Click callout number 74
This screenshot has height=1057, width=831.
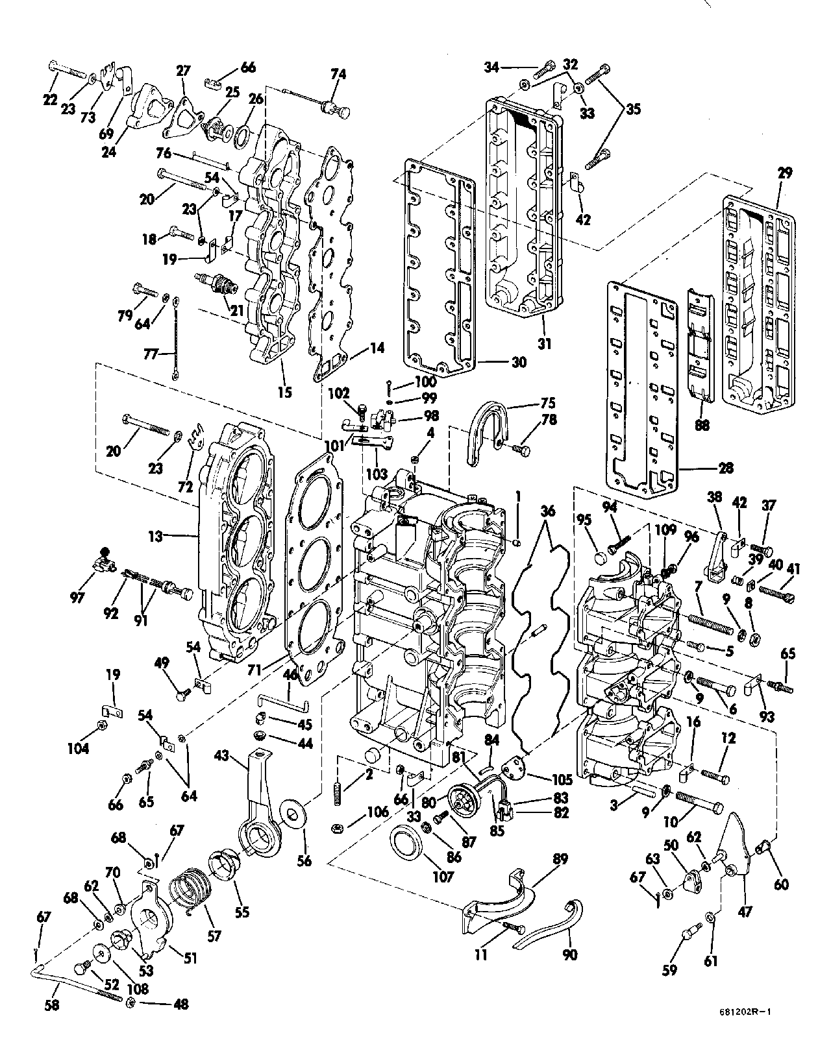coord(338,75)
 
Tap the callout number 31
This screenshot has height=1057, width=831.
coord(544,344)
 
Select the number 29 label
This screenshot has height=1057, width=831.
coord(785,173)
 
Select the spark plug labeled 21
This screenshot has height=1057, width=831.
coord(214,283)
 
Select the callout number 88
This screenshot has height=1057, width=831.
coord(702,426)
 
